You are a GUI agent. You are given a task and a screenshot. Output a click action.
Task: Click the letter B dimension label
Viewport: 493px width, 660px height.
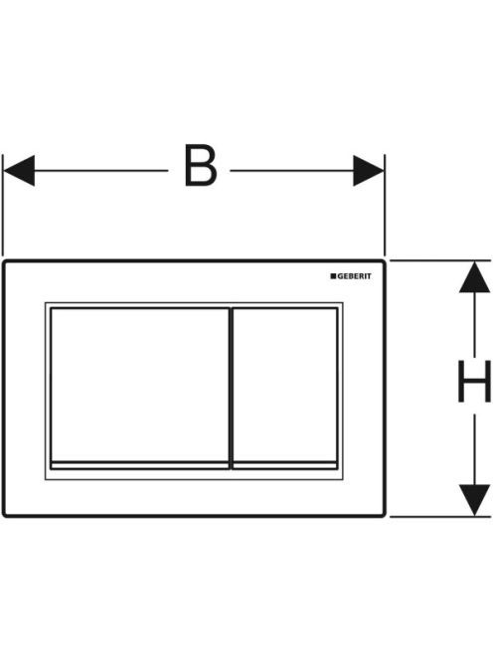[x=201, y=166]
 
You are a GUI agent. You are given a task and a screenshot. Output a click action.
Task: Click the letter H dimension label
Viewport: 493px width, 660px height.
[x=474, y=382]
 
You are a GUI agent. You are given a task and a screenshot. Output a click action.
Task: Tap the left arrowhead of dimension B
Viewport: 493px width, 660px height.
[x=19, y=171]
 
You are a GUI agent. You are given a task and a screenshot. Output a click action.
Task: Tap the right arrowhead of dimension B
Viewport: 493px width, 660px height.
[x=369, y=171]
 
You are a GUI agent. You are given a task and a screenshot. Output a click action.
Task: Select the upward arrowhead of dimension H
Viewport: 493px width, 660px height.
[x=474, y=277]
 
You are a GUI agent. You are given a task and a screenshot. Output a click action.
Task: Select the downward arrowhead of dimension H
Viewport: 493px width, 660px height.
[x=474, y=500]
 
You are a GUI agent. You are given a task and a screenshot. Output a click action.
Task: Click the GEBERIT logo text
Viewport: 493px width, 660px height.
[x=355, y=276]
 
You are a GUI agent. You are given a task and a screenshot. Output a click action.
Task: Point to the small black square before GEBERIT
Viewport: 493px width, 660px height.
[x=333, y=276]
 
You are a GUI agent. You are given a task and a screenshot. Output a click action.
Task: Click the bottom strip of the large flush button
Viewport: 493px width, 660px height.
[x=140, y=465]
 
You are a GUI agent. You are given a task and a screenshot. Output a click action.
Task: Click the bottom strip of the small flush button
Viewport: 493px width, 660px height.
[x=285, y=465]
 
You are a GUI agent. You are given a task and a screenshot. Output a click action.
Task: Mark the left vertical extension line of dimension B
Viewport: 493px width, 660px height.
[x=3, y=205]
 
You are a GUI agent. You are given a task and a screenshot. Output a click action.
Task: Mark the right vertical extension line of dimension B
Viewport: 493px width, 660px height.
[x=385, y=205]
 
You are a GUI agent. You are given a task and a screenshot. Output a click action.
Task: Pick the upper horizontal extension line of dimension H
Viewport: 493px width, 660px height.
[x=440, y=260]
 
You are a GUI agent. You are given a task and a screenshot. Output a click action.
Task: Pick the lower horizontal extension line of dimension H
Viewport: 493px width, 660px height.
[x=440, y=516]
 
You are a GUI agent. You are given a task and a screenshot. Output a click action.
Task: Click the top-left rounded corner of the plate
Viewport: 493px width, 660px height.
[x=5, y=263]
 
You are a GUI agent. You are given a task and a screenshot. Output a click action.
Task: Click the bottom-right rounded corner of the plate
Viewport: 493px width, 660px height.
[x=383, y=514]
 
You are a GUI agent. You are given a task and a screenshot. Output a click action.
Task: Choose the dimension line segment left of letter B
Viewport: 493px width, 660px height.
[x=101, y=171]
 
